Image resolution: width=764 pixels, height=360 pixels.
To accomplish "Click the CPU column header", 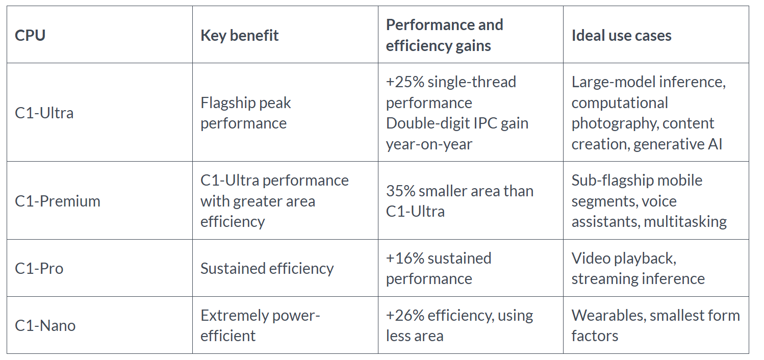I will coord(30,35).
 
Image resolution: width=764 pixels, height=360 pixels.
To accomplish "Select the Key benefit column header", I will coord(239,35).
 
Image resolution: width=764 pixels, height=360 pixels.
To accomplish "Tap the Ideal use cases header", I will coord(621,35).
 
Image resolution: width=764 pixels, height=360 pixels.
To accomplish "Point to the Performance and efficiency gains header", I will coord(444,35).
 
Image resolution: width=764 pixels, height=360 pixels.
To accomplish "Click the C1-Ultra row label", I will coord(44,113).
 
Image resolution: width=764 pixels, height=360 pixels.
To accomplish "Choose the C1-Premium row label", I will coord(58,201).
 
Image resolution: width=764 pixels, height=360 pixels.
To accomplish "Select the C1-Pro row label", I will coord(39,268).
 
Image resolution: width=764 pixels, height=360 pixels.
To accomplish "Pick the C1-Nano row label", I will coord(45,325).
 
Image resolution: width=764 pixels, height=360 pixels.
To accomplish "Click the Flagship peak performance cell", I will coord(245,113).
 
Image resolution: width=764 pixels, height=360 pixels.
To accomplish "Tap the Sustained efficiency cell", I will coord(267,268).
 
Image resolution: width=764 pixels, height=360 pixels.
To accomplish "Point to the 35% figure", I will coord(400,191).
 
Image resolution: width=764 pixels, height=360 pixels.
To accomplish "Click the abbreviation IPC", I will coord(485,123).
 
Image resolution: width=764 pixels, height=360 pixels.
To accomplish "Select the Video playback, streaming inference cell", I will coord(638,268).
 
